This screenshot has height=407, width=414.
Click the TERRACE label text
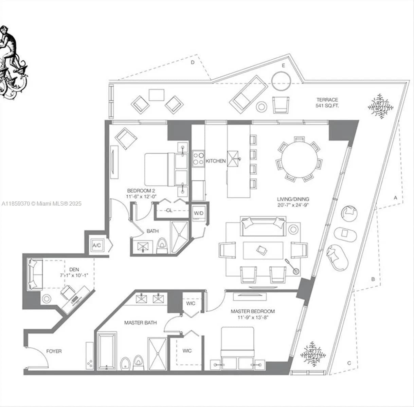(x=327, y=100)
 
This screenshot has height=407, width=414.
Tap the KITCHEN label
(x=216, y=161)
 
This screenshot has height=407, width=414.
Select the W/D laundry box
(x=199, y=213)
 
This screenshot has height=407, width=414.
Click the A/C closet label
(x=97, y=246)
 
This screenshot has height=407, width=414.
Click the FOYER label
(x=54, y=351)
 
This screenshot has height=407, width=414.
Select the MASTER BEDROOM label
(x=253, y=311)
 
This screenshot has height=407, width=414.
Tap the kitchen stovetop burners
(x=198, y=158)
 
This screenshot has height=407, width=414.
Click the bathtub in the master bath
(x=107, y=351)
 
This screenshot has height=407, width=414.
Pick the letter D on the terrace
(x=193, y=62)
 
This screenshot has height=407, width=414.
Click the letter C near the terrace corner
(x=349, y=363)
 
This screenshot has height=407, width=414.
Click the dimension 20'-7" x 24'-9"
(x=293, y=205)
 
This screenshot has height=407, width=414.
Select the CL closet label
(x=169, y=210)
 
